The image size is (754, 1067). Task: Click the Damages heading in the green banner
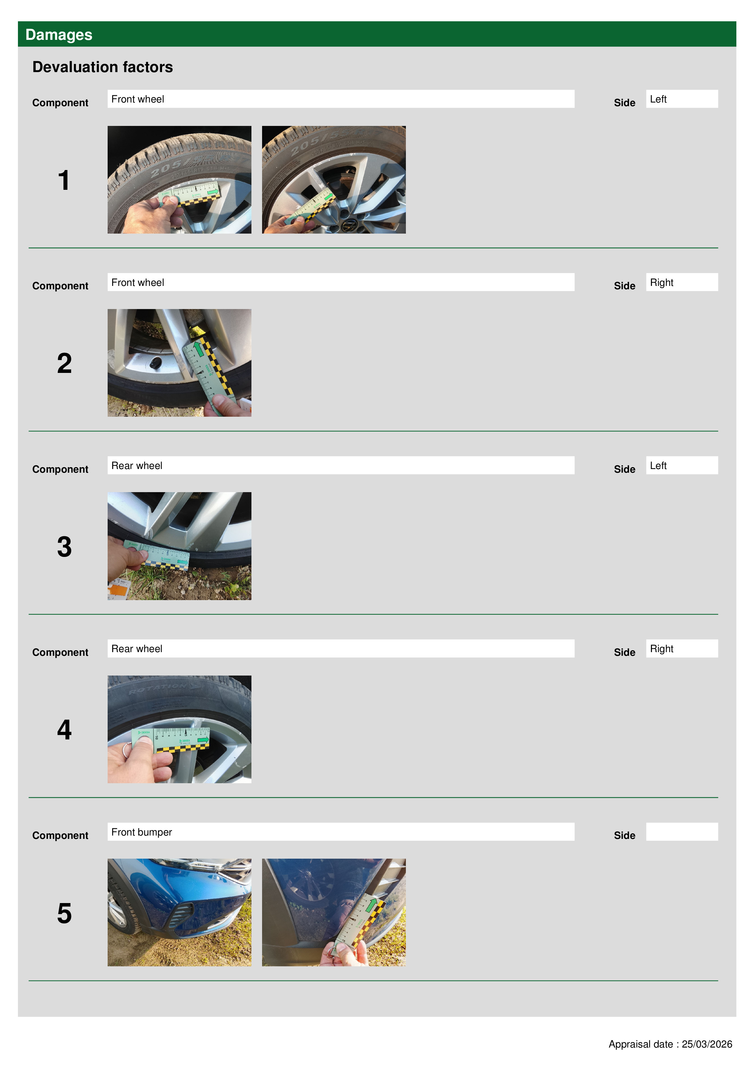point(59,35)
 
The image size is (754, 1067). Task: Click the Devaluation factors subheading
point(103,67)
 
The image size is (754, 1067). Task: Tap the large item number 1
point(64,180)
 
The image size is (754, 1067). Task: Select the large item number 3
point(64,547)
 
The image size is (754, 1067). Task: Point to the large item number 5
point(64,913)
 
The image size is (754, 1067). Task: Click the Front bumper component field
point(341,832)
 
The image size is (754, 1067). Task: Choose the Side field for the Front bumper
point(682,832)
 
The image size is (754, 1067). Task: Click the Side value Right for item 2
point(662,283)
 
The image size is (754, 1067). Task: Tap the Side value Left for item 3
point(658,466)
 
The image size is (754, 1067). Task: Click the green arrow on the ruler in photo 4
point(203,740)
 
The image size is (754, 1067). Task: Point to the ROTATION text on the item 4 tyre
point(158,688)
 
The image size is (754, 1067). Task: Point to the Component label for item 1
point(60,103)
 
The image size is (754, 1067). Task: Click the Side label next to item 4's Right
point(624,652)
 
